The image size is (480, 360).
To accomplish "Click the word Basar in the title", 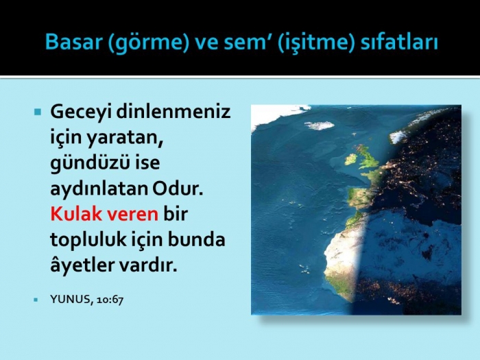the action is point(74,42).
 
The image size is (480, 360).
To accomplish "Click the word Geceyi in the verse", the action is point(80,112).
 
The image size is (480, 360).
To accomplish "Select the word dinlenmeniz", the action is point(173,111).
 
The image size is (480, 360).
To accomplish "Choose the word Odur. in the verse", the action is point(178,189).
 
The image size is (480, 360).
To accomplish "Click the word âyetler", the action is point(82,265).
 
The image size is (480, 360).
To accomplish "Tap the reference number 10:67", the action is point(110,300).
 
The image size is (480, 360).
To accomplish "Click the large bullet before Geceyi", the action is point(38,112).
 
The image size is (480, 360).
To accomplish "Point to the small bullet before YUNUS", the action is point(36,300).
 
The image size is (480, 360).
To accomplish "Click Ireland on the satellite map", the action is point(351,159).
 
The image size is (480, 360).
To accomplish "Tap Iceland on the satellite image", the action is point(319,125).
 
